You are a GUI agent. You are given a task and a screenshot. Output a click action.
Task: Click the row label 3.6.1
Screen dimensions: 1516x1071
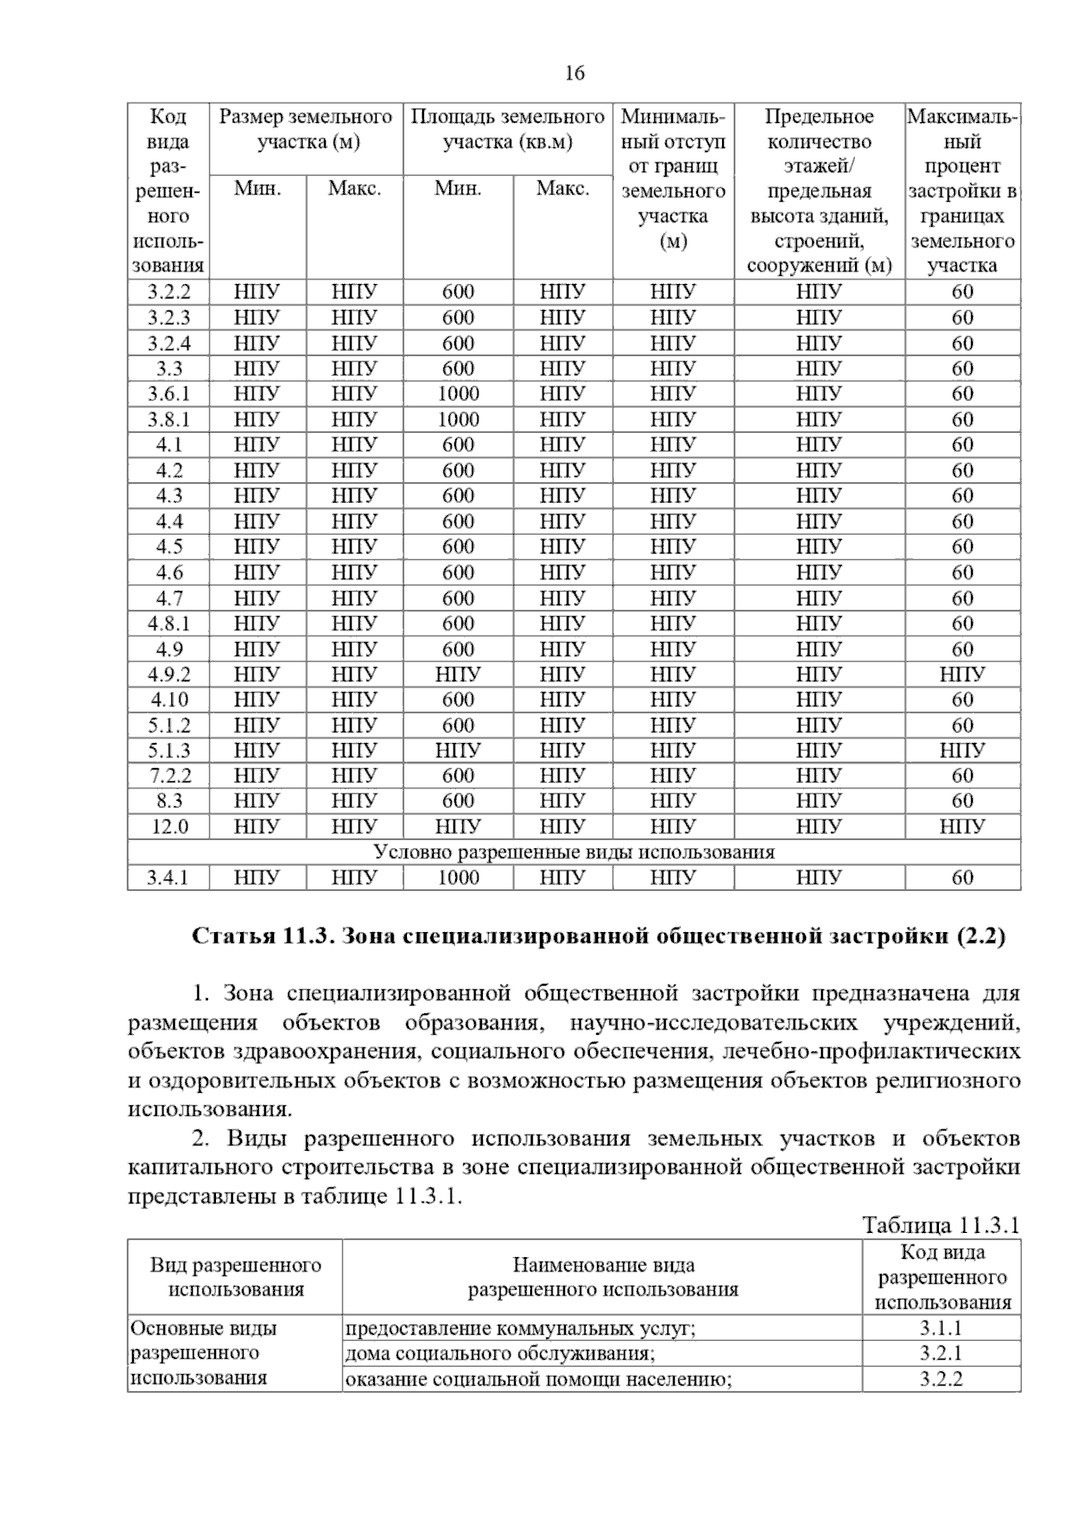[169, 394]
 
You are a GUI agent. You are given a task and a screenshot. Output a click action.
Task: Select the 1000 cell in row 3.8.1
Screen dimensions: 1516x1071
[458, 420]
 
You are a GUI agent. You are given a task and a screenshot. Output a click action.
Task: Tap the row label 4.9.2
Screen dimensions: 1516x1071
[169, 674]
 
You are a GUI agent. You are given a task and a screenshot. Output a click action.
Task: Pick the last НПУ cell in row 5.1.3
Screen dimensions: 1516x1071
[962, 751]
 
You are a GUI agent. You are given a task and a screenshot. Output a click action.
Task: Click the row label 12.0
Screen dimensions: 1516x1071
[169, 827]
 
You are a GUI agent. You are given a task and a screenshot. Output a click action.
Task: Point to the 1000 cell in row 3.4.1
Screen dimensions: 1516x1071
[458, 878]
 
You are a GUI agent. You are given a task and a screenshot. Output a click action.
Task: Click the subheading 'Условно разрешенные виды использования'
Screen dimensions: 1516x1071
[574, 852]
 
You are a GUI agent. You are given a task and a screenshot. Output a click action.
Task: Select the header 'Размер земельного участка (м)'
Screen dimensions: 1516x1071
[306, 129]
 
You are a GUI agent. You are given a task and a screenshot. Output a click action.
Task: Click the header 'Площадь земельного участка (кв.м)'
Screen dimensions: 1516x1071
[507, 129]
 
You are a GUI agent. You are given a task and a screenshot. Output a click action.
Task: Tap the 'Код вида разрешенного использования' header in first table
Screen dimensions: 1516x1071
[168, 190]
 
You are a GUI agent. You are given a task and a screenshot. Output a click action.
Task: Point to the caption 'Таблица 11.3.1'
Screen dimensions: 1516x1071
[940, 1225]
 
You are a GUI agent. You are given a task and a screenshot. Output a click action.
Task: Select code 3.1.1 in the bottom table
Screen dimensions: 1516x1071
[941, 1329]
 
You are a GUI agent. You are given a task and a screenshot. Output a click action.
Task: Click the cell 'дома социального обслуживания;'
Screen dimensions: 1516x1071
[500, 1354]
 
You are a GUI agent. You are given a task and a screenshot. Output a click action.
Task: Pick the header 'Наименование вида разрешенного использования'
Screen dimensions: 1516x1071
[602, 1277]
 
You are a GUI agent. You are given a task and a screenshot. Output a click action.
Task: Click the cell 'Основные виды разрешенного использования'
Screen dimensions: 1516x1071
[204, 1353]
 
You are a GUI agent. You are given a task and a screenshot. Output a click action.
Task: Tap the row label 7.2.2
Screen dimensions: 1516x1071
[169, 776]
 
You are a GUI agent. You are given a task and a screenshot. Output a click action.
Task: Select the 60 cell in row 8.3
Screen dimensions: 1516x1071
[962, 801]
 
